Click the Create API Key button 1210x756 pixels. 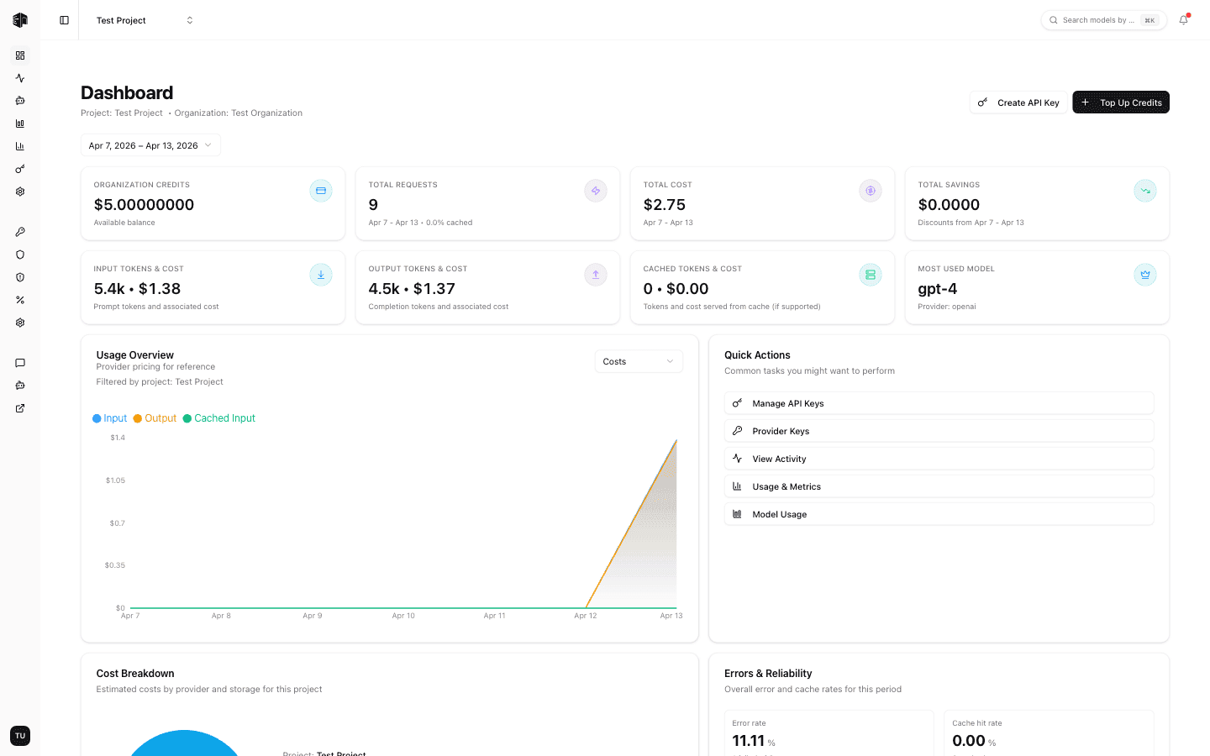(1018, 102)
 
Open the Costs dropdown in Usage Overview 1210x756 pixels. (639, 361)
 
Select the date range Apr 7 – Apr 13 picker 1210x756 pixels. (150, 145)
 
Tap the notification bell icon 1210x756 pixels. (1183, 20)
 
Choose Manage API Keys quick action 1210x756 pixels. (939, 403)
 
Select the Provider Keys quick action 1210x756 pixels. (939, 431)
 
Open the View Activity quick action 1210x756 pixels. (939, 459)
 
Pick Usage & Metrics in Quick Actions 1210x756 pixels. (939, 486)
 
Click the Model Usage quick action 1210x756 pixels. (939, 514)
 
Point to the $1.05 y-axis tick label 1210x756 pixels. (115, 480)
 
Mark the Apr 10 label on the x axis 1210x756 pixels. (403, 616)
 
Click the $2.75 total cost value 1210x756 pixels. (664, 205)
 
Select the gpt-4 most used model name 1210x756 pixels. (937, 289)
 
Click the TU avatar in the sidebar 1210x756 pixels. (20, 736)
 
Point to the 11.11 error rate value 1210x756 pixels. (748, 741)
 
